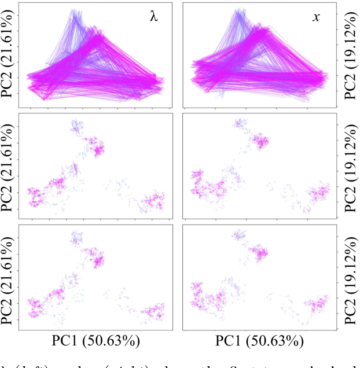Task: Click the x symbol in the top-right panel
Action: pos(317,17)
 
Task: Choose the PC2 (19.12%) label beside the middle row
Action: pos(349,166)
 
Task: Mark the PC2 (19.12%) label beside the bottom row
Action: pos(349,275)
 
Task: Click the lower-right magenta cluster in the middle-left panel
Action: pos(153,200)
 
